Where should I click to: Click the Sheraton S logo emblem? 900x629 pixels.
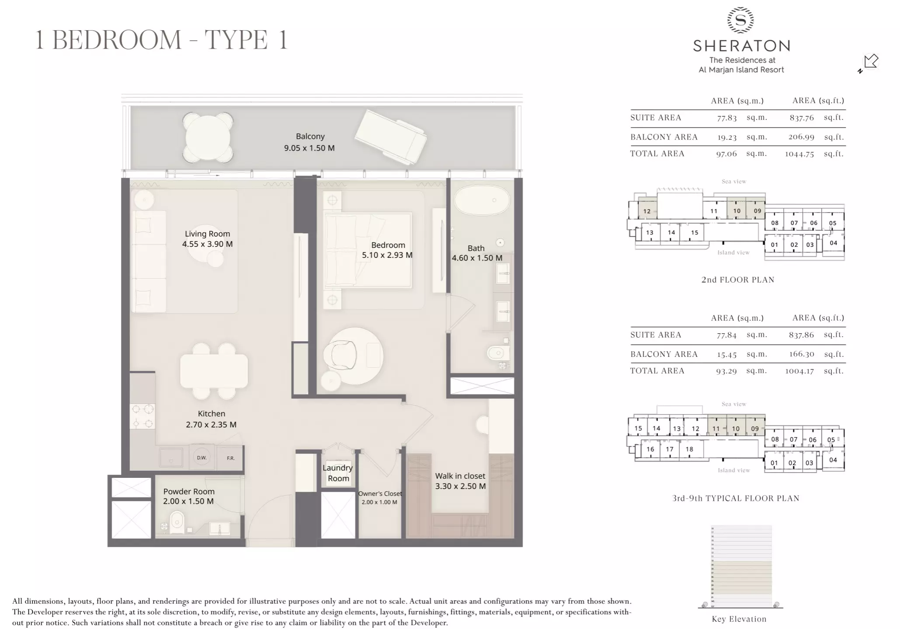tap(741, 20)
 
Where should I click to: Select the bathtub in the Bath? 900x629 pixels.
tap(482, 200)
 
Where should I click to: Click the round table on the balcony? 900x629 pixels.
tap(208, 137)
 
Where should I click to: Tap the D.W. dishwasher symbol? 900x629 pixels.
tap(201, 458)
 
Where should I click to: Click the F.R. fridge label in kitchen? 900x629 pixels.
tap(230, 458)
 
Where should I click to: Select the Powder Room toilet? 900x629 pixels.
tap(177, 522)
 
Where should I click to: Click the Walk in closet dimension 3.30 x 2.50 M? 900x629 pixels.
tap(460, 486)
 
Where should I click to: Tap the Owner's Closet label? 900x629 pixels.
tap(380, 494)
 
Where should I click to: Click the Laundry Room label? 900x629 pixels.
tap(338, 473)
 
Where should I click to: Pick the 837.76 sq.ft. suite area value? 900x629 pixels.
tap(801, 118)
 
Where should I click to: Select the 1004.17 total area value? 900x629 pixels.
tap(800, 371)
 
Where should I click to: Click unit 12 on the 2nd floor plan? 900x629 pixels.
tap(647, 211)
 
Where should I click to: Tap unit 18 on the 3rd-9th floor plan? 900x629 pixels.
tap(689, 449)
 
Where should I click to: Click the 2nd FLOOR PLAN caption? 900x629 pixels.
tap(737, 280)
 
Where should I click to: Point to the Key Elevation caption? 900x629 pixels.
tap(739, 619)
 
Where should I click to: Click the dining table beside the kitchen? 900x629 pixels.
tap(214, 371)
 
